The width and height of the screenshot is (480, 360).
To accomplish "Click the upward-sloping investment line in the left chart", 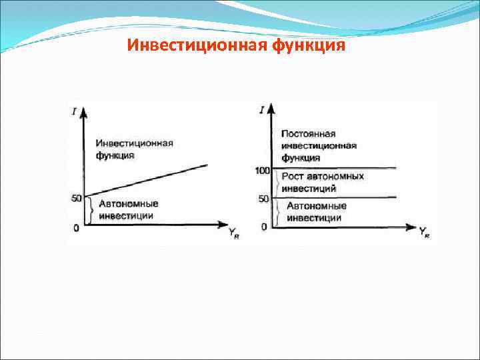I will pos(147,180).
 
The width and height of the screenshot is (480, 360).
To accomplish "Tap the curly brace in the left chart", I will pos(89,210).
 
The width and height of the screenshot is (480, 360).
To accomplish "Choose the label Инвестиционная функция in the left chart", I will pos(134,149).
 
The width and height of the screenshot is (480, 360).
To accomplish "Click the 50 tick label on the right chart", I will pos(263,199).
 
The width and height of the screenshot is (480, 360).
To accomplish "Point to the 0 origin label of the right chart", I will pos(264,227).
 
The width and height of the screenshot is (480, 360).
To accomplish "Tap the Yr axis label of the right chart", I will pos(424,232).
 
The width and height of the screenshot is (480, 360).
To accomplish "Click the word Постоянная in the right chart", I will pos(308,134).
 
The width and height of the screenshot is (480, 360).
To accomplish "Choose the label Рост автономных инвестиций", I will pos(323,182).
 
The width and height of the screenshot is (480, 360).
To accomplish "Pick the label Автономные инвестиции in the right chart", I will pos(316,212).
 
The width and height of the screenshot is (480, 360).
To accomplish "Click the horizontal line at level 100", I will pos(333,168).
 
